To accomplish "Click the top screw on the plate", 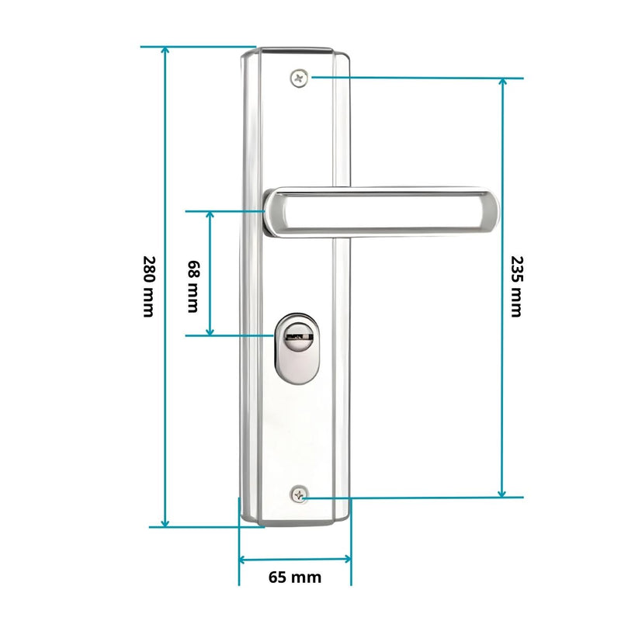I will tap(299, 77).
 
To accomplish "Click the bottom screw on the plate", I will tap(299, 494).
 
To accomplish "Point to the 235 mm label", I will tap(515, 286).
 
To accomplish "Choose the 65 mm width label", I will tap(294, 577).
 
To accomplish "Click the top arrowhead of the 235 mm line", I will tap(502, 83).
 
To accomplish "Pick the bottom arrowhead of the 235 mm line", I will tap(502, 491).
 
